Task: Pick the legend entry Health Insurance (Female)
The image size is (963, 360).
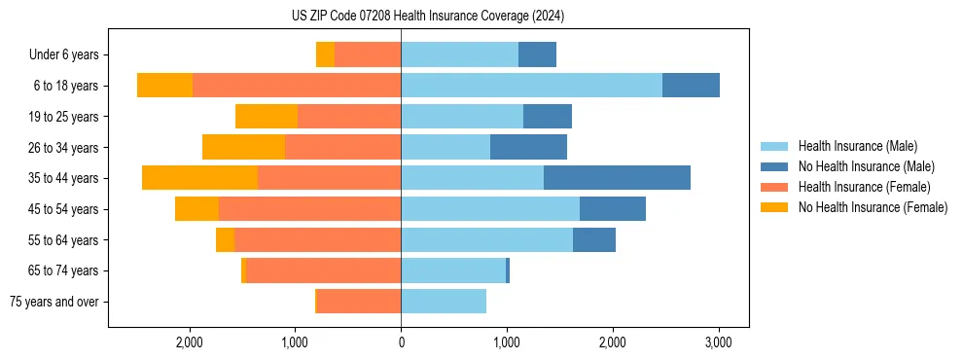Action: [864, 187]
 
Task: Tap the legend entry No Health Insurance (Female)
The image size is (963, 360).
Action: [873, 207]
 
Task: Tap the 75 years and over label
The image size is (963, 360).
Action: [53, 302]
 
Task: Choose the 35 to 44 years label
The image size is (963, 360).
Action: [64, 178]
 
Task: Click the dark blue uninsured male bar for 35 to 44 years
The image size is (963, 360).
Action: [617, 178]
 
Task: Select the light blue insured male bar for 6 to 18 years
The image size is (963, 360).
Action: [531, 86]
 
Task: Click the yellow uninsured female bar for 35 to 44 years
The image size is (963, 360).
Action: [199, 178]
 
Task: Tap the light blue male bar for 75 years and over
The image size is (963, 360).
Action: [444, 302]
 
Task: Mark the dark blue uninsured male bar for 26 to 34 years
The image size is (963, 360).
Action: [528, 147]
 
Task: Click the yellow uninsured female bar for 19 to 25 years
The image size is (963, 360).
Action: [267, 117]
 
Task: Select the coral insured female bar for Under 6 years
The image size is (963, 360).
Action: [368, 55]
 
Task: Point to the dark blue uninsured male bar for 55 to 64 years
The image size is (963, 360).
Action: [594, 239]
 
